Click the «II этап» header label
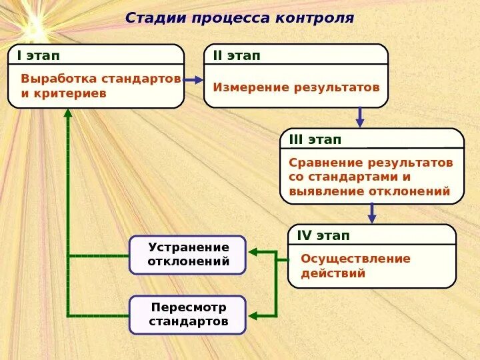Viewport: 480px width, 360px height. click(237, 55)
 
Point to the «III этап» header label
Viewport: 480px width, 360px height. click(315, 139)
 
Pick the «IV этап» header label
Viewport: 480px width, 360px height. click(323, 235)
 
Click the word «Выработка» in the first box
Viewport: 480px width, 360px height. click(59, 79)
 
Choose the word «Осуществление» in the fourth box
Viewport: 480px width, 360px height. click(355, 259)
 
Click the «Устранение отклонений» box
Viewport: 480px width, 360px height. click(188, 255)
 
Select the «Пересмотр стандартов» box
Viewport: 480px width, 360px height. click(188, 315)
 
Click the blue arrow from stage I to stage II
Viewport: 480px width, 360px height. click(193, 80)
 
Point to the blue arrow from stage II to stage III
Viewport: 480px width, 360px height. click(360, 117)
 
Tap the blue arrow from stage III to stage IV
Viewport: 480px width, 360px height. click(372, 213)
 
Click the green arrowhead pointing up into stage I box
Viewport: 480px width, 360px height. click(68, 113)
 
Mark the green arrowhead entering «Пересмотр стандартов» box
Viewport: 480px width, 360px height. click(252, 315)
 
